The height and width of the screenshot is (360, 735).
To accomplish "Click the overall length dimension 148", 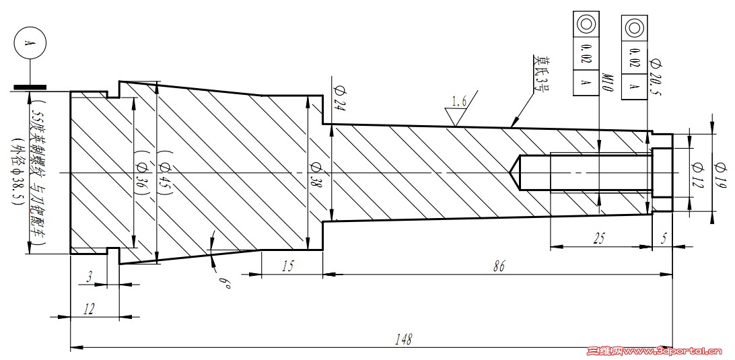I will point(404,338).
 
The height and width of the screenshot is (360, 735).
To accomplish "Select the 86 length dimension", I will point(498,265).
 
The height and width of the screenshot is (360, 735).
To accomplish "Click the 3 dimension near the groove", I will point(90,276).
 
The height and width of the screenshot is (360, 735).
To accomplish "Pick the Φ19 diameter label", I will point(719,172).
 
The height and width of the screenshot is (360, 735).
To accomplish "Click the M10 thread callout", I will point(605,83).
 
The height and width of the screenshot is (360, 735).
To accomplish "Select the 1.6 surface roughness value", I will point(459,102).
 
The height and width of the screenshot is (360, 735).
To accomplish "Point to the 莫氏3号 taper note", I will point(541,72).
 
